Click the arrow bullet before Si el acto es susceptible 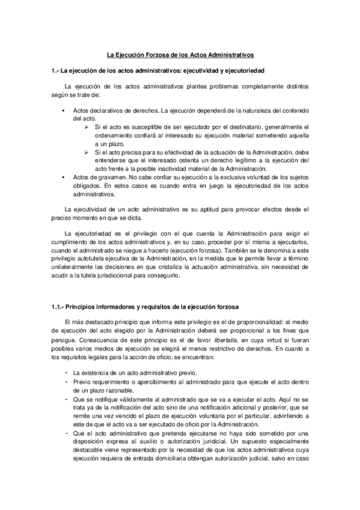pyautogui.click(x=87, y=127)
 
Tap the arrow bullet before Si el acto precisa pyautogui.click(x=87, y=153)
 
